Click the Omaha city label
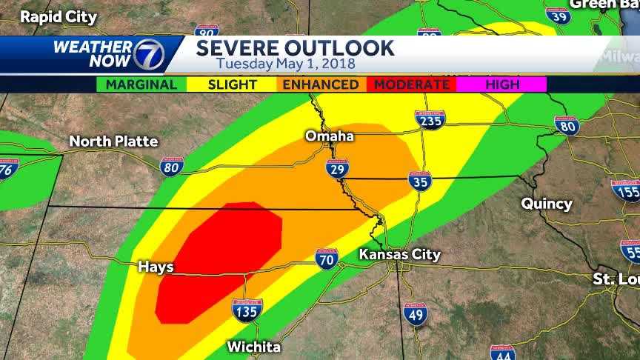click(330, 136)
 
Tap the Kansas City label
click(399, 255)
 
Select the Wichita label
click(253, 347)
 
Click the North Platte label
click(113, 141)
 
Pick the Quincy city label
click(547, 203)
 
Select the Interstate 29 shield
click(337, 169)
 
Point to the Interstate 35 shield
click(420, 181)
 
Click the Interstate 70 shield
click(327, 259)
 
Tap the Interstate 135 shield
click(247, 310)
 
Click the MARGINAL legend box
click(141, 84)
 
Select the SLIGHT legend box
click(232, 84)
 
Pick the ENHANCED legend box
click(321, 84)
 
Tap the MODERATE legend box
click(411, 84)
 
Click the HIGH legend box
click(501, 84)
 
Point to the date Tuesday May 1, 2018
click(286, 64)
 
